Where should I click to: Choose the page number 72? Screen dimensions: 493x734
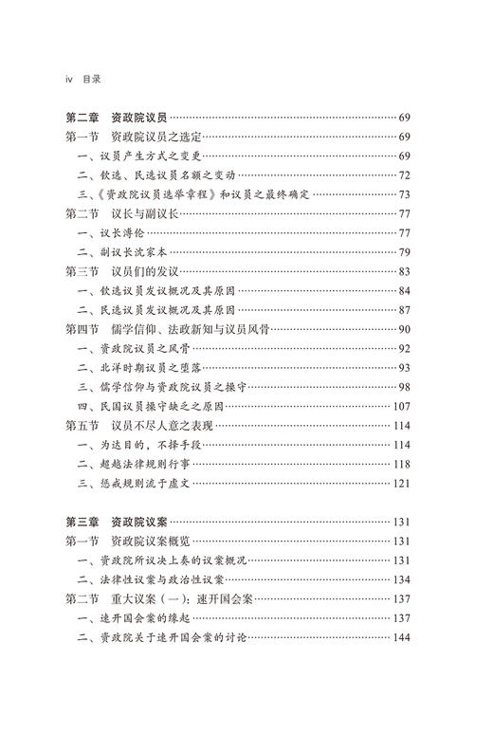404,175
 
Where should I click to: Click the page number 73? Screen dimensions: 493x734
404,194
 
